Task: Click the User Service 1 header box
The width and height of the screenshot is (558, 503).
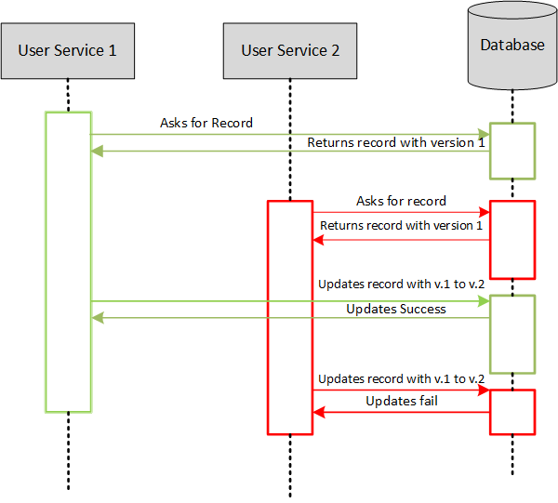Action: pyautogui.click(x=68, y=50)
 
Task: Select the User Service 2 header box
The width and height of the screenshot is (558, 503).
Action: pyautogui.click(x=290, y=50)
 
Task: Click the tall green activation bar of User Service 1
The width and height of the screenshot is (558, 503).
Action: pyautogui.click(x=68, y=260)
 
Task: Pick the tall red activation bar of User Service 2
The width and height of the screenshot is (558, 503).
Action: pyautogui.click(x=290, y=316)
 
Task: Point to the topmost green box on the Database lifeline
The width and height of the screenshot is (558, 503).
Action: pyautogui.click(x=512, y=150)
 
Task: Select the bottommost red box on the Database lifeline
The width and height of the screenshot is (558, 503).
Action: pyautogui.click(x=512, y=412)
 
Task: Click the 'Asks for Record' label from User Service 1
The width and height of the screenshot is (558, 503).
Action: pyautogui.click(x=206, y=123)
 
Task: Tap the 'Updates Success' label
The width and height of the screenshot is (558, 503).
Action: pyautogui.click(x=396, y=309)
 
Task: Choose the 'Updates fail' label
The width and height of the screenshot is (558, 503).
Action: pyautogui.click(x=401, y=401)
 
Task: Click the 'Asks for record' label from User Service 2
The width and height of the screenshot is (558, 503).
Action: pyautogui.click(x=401, y=201)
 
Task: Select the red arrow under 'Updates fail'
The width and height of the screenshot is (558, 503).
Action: pyautogui.click(x=401, y=412)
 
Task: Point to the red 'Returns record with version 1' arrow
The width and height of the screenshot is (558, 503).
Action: pyautogui.click(x=401, y=240)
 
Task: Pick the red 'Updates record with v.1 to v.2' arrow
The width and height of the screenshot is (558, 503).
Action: pyautogui.click(x=401, y=391)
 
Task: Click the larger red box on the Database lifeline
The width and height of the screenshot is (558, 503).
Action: pyautogui.click(x=512, y=239)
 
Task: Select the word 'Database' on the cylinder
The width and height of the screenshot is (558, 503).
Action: pyautogui.click(x=512, y=45)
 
